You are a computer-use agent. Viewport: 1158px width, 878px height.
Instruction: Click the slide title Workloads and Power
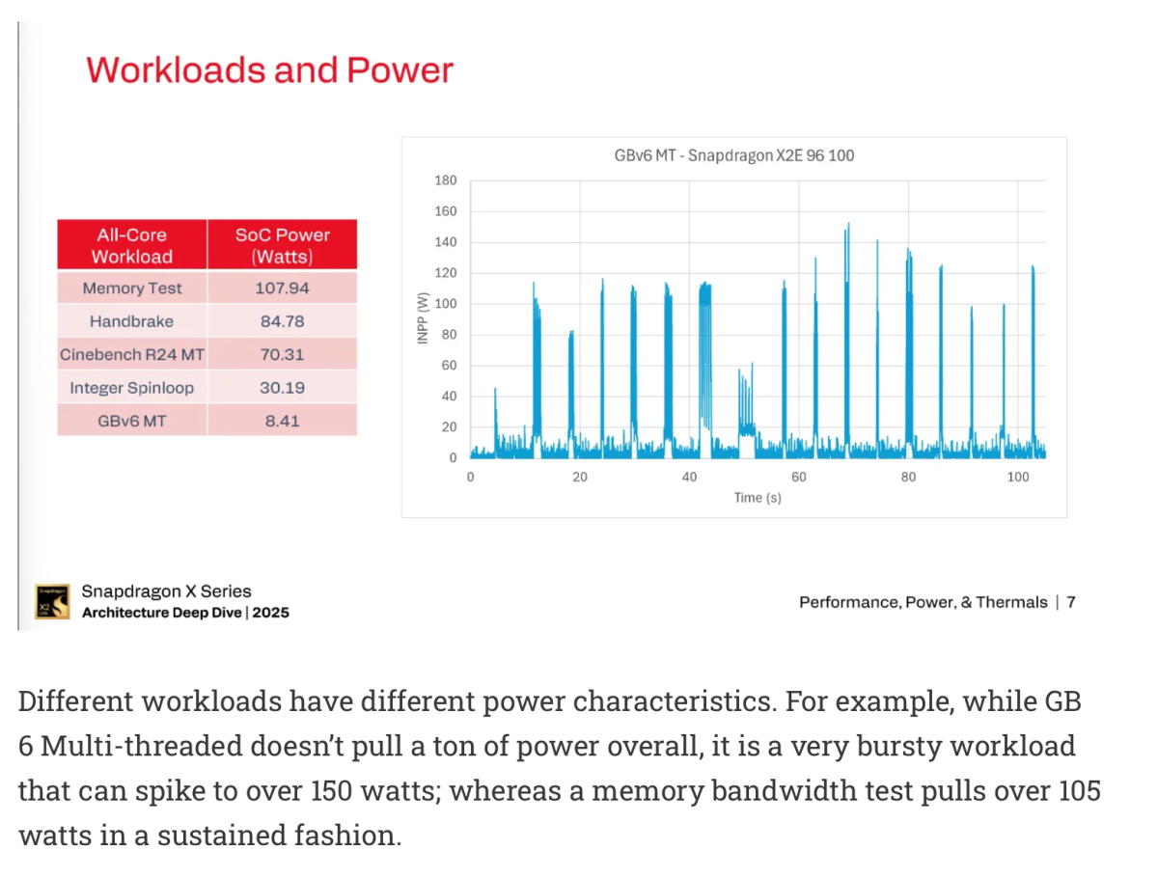269,70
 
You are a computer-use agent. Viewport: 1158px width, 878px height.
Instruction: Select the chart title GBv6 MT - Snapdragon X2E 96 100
733,154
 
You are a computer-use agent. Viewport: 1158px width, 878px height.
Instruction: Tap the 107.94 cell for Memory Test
282,288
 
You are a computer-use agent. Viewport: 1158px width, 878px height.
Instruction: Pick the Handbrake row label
131,321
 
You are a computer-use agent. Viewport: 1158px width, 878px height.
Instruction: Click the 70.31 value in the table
282,354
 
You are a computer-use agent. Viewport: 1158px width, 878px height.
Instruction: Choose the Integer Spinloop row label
131,388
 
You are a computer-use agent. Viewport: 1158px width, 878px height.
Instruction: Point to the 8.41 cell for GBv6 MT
282,421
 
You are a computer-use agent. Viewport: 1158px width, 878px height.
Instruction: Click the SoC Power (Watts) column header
282,245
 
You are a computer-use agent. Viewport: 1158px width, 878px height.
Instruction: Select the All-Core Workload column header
131,245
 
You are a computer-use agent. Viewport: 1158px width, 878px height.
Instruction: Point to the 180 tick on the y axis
446,180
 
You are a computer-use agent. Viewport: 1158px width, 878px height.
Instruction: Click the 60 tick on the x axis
798,477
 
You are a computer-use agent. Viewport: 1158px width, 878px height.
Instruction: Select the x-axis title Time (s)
758,498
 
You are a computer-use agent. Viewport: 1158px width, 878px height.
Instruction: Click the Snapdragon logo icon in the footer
52,601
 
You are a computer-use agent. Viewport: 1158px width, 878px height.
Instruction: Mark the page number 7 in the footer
1071,602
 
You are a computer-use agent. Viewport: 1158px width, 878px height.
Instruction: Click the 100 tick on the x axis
1017,477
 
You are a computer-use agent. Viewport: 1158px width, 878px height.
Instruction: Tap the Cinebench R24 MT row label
131,354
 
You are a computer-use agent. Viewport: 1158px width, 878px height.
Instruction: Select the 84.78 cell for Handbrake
282,321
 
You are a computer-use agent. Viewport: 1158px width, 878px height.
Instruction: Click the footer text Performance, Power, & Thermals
923,602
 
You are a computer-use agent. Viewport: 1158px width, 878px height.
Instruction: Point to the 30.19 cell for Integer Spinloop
282,388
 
